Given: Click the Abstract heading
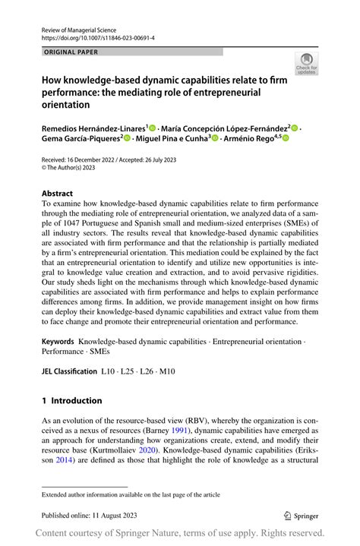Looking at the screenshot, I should [x=58, y=194].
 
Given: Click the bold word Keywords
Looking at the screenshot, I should [x=58, y=342].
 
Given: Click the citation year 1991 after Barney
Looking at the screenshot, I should [x=178, y=429].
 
